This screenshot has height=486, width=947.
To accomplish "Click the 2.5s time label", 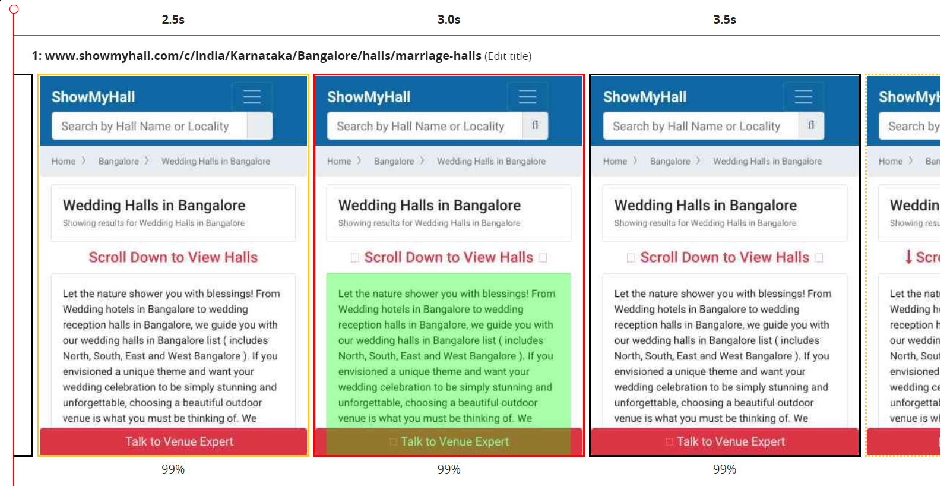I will pos(173,20).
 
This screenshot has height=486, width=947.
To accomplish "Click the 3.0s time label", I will pos(449,20).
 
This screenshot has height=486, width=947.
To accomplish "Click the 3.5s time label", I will pos(724,20).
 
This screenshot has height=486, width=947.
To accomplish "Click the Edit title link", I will pos(508,56).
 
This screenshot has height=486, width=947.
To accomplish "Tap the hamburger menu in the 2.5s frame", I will pos(252,97).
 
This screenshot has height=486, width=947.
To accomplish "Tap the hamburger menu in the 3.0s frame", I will pos(527,97).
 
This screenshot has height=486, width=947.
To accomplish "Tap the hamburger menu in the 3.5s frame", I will pos(803,97).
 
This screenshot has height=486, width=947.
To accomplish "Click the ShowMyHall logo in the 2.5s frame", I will pos(93,97).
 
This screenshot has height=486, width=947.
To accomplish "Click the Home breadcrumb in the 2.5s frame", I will pos(64,161).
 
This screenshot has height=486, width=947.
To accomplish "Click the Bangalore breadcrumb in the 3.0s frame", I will pos(394,161).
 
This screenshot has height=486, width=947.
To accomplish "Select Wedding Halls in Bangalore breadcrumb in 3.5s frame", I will pos(767,161).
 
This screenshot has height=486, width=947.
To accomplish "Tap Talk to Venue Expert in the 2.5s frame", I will pos(179,441).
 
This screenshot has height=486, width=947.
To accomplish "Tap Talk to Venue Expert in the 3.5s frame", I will pos(730,441).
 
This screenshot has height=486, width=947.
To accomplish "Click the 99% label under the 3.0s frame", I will pos(449,469).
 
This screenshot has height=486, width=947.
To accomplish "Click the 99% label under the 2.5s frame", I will pos(173,469).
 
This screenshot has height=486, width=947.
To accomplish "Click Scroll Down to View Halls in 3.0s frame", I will pos(448,257).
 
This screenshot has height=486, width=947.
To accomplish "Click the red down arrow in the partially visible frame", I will pos(908,257).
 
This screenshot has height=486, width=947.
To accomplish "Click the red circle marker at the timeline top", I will pos(14,9).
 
